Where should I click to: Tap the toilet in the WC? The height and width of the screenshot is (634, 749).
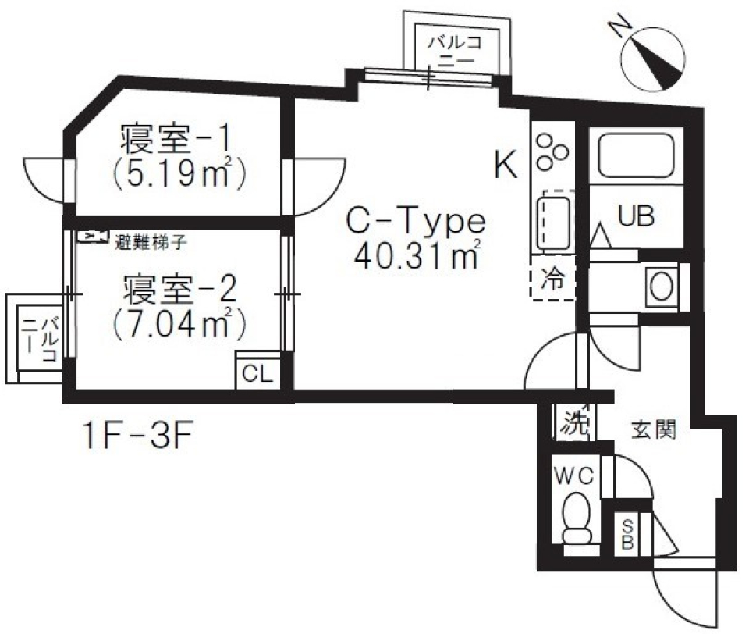coord(577,518)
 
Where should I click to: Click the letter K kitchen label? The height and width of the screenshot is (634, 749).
coord(506,166)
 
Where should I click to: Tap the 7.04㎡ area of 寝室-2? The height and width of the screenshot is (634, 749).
coord(175,322)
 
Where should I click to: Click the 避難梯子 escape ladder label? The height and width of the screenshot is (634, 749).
coord(151,241)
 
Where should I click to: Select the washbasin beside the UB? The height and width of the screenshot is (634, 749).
coord(661,287)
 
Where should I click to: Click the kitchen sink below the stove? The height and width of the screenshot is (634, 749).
coord(553,220)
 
